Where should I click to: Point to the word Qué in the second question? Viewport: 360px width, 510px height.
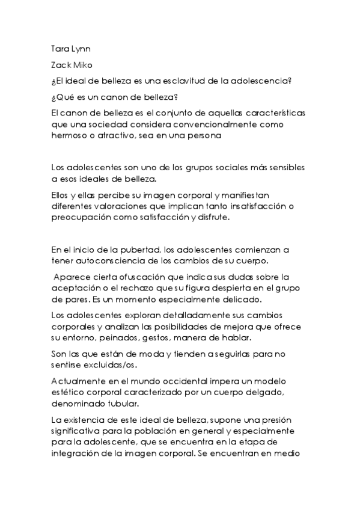click(66, 97)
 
